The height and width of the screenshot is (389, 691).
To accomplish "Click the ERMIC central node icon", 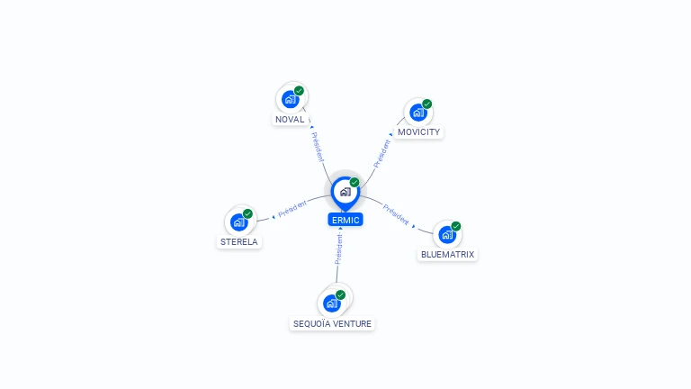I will [345, 192].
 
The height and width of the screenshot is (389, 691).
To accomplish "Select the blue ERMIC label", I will [345, 220].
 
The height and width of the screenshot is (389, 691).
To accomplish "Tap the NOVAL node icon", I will [290, 99].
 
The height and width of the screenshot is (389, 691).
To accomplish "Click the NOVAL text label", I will [290, 119].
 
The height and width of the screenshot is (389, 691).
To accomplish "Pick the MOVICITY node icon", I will [417, 112].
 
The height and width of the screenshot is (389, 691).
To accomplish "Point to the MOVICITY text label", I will [419, 132].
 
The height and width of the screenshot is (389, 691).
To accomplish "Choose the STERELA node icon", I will [238, 222].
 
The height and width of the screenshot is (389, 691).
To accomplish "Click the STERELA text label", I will [239, 242].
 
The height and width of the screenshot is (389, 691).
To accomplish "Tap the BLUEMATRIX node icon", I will [446, 235].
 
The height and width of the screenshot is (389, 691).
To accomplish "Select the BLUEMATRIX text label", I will [447, 255].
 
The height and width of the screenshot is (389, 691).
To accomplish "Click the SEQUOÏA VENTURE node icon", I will [332, 303].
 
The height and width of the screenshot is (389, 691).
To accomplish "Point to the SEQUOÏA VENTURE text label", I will [332, 323].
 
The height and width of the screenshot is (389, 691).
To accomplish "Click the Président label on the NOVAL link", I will [319, 146].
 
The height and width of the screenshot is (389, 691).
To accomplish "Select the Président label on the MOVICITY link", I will [382, 152].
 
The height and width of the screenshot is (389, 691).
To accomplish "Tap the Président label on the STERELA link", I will [293, 208].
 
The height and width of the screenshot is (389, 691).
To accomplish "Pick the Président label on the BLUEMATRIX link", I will [396, 214].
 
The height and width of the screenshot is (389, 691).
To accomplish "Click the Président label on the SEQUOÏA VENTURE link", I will [339, 249].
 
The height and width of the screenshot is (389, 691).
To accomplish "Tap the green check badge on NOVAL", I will [299, 91].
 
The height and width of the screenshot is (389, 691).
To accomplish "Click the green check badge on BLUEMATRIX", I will [456, 226].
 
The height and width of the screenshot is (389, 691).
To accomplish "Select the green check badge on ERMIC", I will [354, 182].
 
